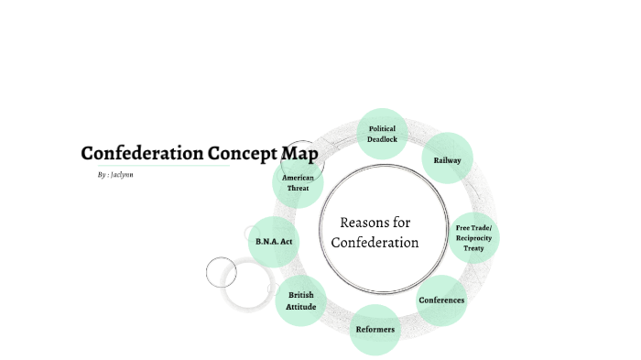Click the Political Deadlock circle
(x=382, y=134)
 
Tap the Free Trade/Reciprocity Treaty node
(x=474, y=238)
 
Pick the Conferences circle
(x=441, y=300)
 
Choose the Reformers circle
(x=375, y=328)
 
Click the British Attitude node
(x=301, y=301)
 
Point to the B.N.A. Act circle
(x=274, y=241)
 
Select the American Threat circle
(x=298, y=182)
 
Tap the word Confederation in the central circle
(x=375, y=243)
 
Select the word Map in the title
(x=299, y=153)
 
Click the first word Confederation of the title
(x=140, y=153)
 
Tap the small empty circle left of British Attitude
(x=221, y=272)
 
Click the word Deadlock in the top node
(x=382, y=139)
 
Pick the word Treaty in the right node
(x=474, y=248)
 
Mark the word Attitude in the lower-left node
(x=301, y=307)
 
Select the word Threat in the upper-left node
(x=298, y=188)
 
